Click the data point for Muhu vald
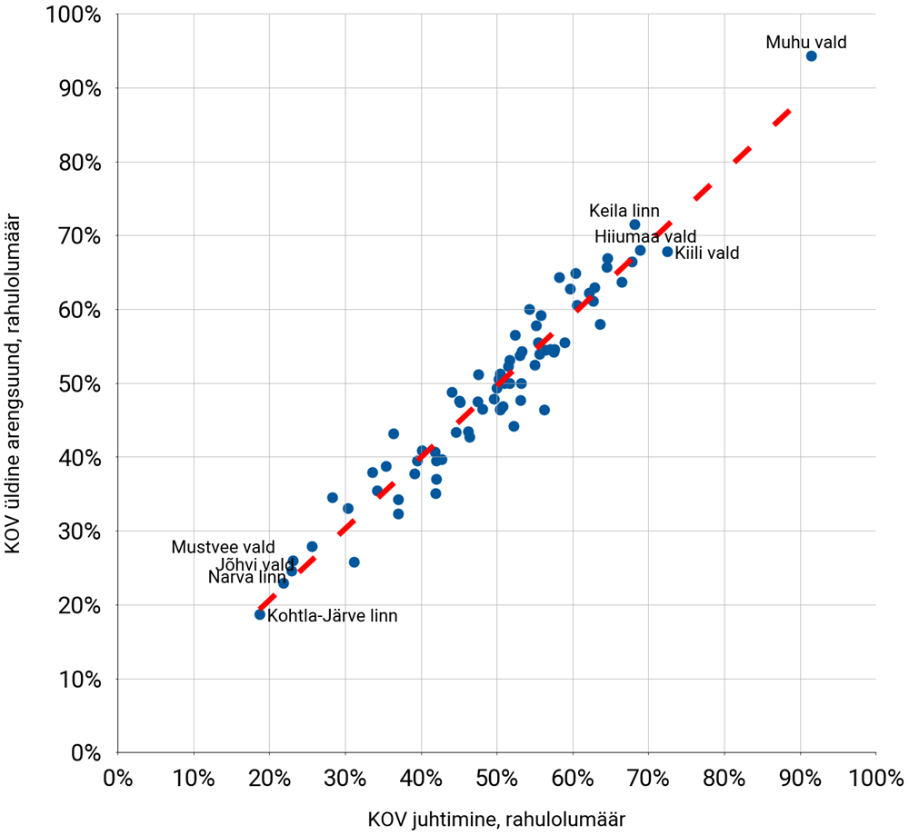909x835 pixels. coord(811,56)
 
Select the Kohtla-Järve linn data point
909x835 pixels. coord(260,614)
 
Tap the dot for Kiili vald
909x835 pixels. coord(667,252)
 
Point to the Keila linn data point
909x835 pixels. coord(634,224)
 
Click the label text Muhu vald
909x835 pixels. coord(806,42)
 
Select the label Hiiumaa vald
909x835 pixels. coord(645,237)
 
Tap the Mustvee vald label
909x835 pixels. coord(223,548)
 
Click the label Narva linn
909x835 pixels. coord(246,577)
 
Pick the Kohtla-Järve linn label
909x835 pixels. coord(333,615)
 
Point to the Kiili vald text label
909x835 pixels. coord(707,253)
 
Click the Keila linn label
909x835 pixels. coord(624,211)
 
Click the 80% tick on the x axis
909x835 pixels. coord(724,779)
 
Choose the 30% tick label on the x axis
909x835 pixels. coord(345,779)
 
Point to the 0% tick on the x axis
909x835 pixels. coord(116,779)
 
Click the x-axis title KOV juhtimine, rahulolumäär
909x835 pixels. coord(496,819)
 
